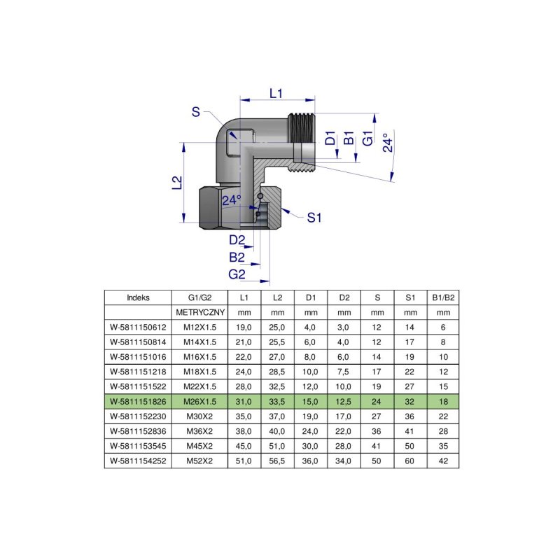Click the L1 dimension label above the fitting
click(x=276, y=93)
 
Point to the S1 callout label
click(x=314, y=218)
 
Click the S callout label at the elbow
click(x=196, y=112)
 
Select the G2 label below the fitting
click(x=237, y=274)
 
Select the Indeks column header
click(x=138, y=297)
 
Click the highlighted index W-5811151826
click(x=139, y=402)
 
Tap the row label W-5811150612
click(x=139, y=327)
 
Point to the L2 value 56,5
click(x=277, y=461)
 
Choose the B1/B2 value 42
click(x=442, y=461)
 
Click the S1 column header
click(x=410, y=297)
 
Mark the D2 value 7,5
click(x=344, y=372)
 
